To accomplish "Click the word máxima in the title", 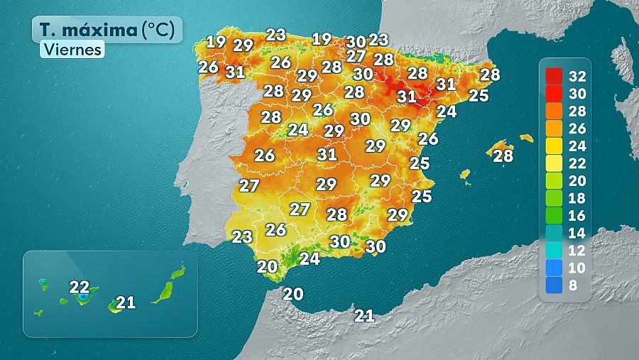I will click(100, 30).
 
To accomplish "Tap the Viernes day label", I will click(72, 50).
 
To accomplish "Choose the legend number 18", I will click(577, 199).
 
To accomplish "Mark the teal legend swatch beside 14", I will click(554, 234).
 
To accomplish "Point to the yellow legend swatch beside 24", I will click(554, 146).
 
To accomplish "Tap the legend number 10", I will click(577, 268).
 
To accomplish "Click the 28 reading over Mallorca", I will click(503, 156).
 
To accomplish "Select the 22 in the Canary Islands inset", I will click(80, 288).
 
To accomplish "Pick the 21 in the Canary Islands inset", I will click(126, 302).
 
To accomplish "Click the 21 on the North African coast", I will click(364, 316).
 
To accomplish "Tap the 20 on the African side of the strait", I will click(293, 293).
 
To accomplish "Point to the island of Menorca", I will click(526, 138).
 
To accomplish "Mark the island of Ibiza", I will click(465, 174).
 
